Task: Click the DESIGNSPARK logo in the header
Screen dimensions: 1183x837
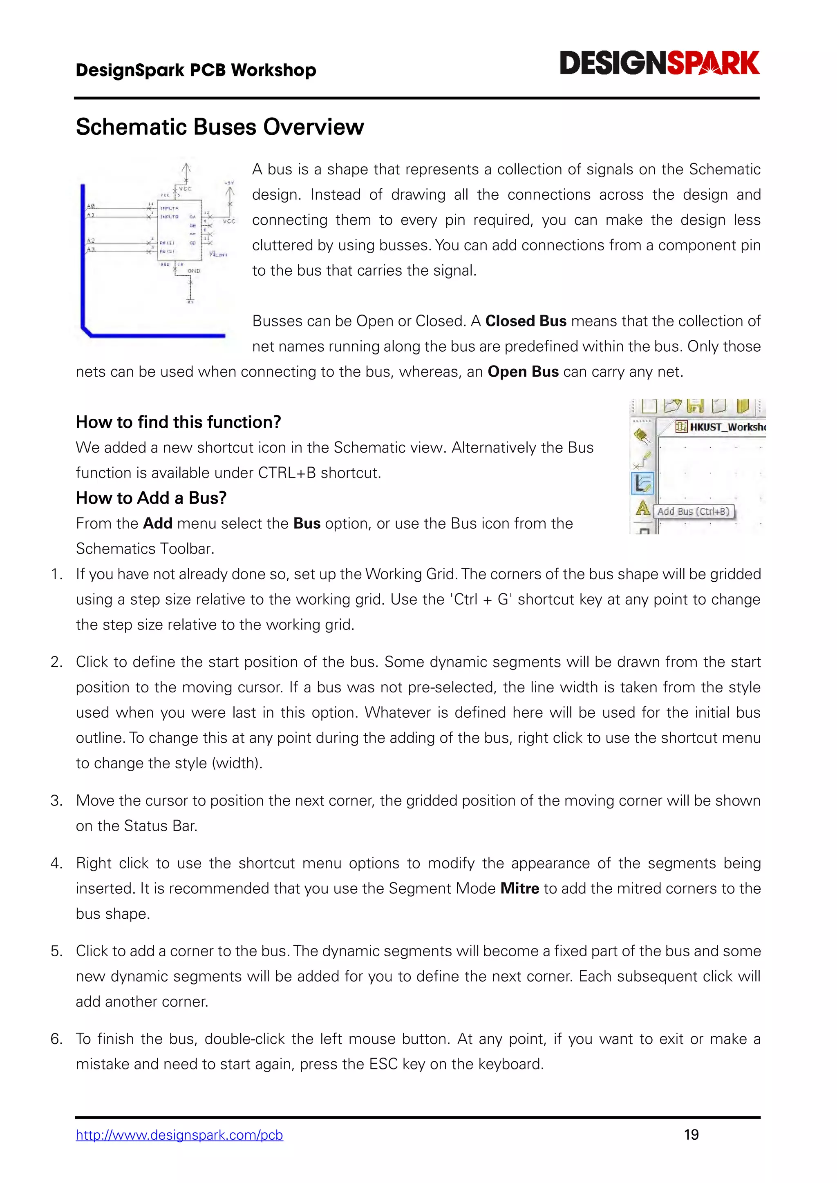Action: click(x=659, y=64)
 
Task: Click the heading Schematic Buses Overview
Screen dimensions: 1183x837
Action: click(x=219, y=127)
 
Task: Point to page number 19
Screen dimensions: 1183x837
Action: click(x=691, y=1134)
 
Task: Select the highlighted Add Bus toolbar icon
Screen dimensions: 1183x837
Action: click(x=642, y=483)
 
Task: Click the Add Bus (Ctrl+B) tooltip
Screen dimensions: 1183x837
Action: click(x=693, y=511)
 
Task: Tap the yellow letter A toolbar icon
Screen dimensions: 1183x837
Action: click(x=642, y=508)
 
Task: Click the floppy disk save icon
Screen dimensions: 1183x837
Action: click(x=695, y=406)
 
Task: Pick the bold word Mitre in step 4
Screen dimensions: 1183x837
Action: click(x=519, y=888)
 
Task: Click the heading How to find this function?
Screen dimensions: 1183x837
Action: click(x=178, y=422)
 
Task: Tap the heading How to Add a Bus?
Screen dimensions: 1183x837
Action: click(x=151, y=498)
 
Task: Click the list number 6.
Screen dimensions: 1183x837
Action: click(x=56, y=1039)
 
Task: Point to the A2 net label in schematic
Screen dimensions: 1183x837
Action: click(x=91, y=241)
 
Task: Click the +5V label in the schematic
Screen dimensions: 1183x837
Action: click(x=229, y=183)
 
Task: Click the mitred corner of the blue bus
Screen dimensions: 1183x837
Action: click(x=86, y=331)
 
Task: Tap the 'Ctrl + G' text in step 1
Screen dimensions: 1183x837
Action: click(x=481, y=599)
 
